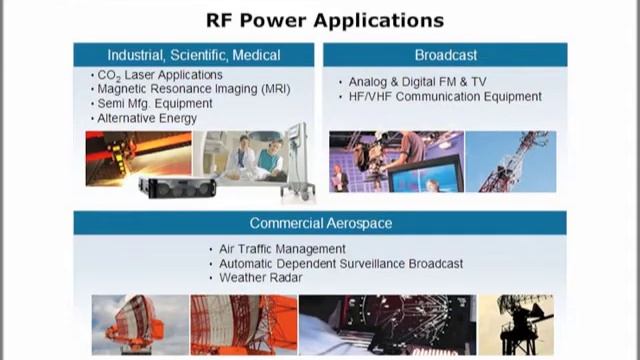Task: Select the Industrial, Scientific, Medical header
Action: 194,54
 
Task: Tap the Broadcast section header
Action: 444,54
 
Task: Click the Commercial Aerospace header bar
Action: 320,223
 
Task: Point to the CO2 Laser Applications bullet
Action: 160,75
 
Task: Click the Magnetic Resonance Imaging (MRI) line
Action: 193,89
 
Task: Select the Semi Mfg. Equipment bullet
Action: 154,103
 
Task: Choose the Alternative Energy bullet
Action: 147,117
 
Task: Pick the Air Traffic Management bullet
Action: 283,249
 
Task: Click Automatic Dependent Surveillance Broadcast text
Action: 341,263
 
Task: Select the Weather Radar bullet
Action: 262,277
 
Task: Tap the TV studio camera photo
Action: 395,161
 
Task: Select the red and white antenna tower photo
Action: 510,161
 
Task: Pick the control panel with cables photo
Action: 385,324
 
